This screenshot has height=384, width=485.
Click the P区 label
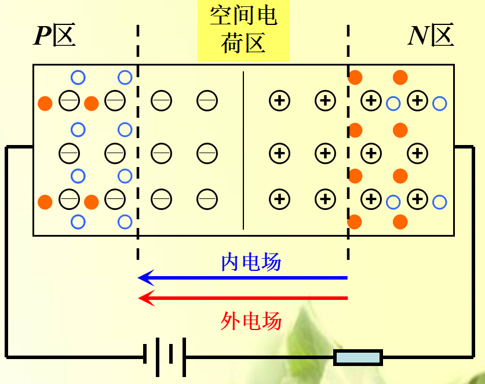click(x=55, y=36)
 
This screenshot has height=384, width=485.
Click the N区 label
click(x=431, y=36)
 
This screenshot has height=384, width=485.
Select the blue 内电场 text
click(x=251, y=263)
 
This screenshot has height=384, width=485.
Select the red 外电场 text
click(x=251, y=320)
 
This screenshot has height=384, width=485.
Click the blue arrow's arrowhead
click(x=145, y=278)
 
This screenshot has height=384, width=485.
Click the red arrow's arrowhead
click(x=145, y=298)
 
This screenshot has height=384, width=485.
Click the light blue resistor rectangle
click(x=358, y=357)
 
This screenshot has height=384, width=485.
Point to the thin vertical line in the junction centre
click(x=243, y=151)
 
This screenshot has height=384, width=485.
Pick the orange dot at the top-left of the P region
click(x=45, y=104)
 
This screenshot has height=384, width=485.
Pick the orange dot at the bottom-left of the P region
click(x=45, y=202)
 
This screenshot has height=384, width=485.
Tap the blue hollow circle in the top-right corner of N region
click(x=440, y=104)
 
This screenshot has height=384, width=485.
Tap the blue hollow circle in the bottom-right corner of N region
click(x=440, y=202)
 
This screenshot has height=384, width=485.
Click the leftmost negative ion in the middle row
click(x=69, y=154)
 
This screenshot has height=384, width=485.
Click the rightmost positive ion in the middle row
click(x=417, y=154)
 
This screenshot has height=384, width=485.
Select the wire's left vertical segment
click(x=6, y=249)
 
